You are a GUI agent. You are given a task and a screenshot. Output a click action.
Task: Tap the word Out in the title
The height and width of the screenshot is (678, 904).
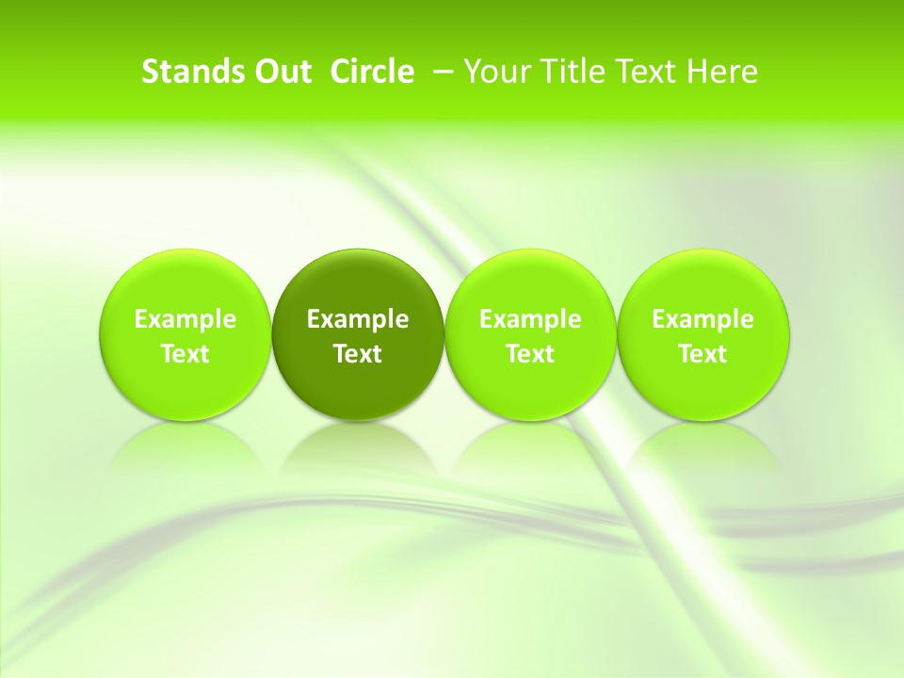[x=281, y=72]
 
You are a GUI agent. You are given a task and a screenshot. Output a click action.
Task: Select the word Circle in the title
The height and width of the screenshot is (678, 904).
[x=372, y=72]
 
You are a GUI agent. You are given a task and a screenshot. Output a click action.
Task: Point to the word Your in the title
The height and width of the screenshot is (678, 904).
[x=495, y=72]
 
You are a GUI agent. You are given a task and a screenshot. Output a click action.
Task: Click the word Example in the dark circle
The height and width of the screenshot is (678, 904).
[x=358, y=319]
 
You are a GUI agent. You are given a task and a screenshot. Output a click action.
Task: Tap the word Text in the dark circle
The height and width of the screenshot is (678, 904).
[x=358, y=354]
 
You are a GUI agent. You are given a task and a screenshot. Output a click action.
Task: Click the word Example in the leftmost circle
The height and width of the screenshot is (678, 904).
[x=186, y=319]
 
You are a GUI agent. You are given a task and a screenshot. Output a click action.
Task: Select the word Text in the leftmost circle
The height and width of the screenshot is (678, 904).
[x=186, y=354]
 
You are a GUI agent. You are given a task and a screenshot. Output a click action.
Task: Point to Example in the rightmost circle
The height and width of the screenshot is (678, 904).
[x=702, y=319]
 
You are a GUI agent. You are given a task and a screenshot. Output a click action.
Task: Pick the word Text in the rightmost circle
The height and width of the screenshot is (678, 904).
[x=702, y=354]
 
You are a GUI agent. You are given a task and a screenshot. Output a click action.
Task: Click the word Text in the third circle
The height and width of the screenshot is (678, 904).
[x=530, y=354]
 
